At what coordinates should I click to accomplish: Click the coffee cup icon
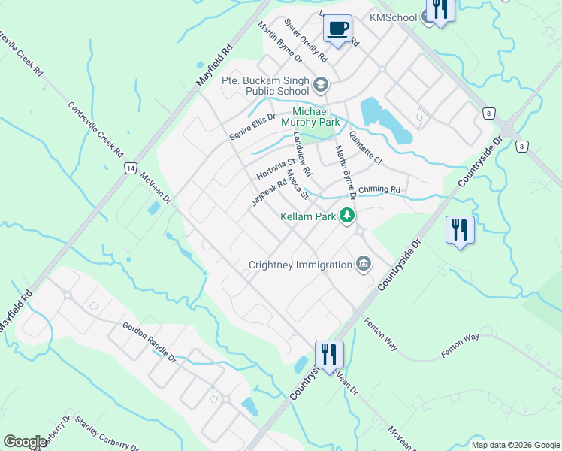(x=337, y=29)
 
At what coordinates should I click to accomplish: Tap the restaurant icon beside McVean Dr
(x=329, y=353)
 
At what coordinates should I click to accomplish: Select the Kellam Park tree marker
(x=346, y=216)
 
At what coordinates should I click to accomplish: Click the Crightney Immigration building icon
(x=364, y=264)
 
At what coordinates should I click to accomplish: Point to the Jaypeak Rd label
(x=269, y=192)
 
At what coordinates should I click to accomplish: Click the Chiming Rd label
(x=379, y=190)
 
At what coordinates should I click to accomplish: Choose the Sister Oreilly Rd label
(x=305, y=41)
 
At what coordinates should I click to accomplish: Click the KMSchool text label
(x=391, y=17)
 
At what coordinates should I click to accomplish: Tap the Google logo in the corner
(x=25, y=442)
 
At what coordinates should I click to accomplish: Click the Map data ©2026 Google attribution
(x=515, y=445)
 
